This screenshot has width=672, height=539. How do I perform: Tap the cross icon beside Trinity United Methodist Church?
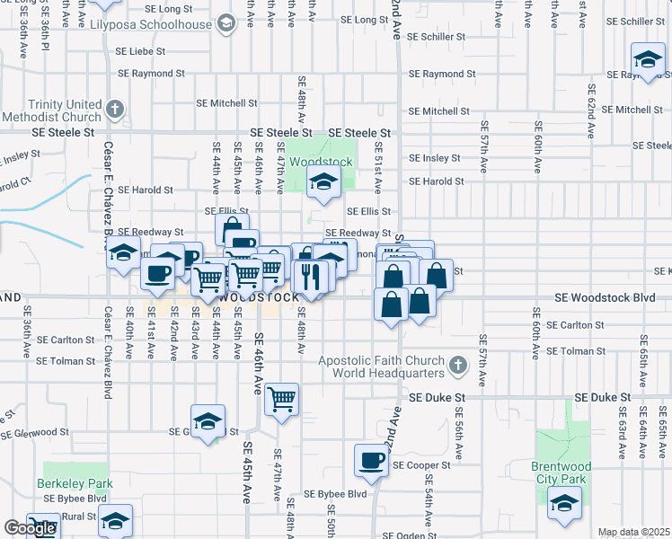(x=114, y=110)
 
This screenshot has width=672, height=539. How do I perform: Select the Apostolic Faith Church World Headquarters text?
(x=382, y=367)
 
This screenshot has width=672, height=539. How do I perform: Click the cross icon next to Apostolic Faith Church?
(x=459, y=366)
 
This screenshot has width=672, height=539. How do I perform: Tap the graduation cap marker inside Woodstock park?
(x=322, y=184)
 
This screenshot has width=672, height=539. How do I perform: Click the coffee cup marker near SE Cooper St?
(x=370, y=462)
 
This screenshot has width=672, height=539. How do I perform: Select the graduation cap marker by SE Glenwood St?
(x=208, y=422)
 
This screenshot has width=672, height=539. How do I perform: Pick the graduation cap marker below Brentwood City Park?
(x=564, y=506)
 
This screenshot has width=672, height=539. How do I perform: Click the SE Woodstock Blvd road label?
(x=605, y=297)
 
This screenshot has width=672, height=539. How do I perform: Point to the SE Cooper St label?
(x=420, y=466)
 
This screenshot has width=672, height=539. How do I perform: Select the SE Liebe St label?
(x=150, y=53)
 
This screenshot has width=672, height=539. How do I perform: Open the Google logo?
(x=30, y=528)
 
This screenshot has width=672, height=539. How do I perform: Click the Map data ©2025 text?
(x=633, y=532)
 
